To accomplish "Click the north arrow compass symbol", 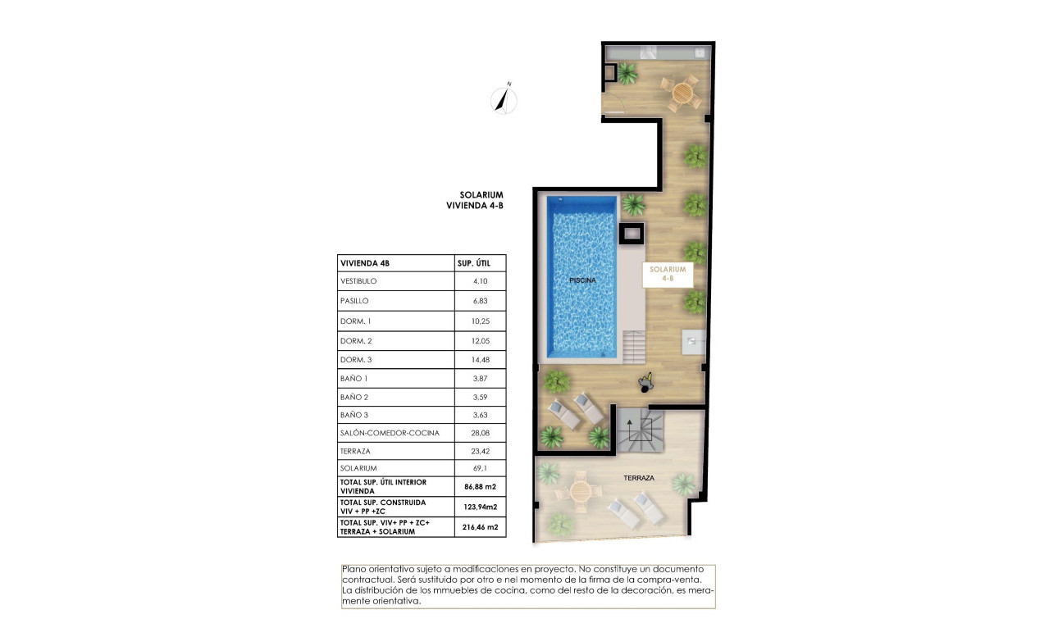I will (x=504, y=99).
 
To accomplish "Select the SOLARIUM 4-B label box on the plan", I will (x=667, y=273).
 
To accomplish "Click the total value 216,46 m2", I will (x=481, y=527).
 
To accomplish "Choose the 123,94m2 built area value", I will (x=481, y=507).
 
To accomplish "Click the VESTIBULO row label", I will (x=359, y=281).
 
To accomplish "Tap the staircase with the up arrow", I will (x=638, y=431).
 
